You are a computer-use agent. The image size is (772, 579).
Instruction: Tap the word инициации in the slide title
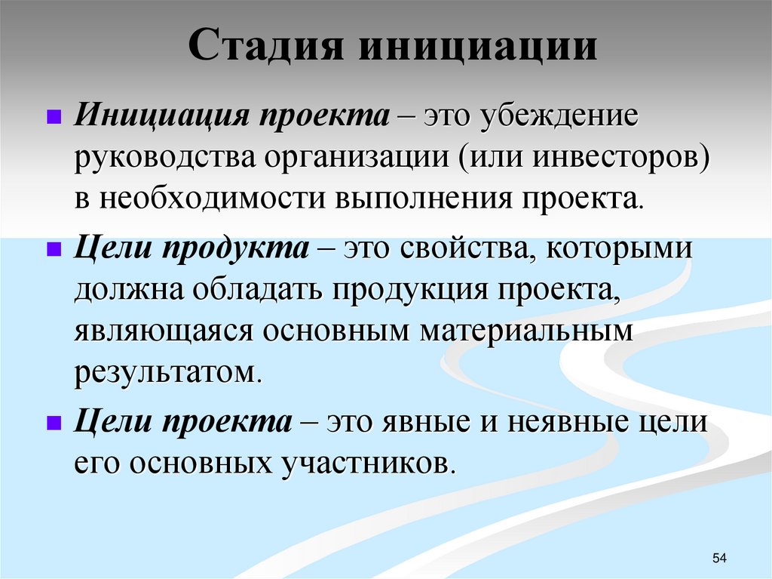point(478,48)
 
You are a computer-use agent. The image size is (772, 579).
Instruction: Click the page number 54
point(718,557)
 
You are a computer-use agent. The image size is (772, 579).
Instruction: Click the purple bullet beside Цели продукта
point(54,250)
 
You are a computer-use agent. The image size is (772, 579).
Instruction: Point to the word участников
point(368,461)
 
